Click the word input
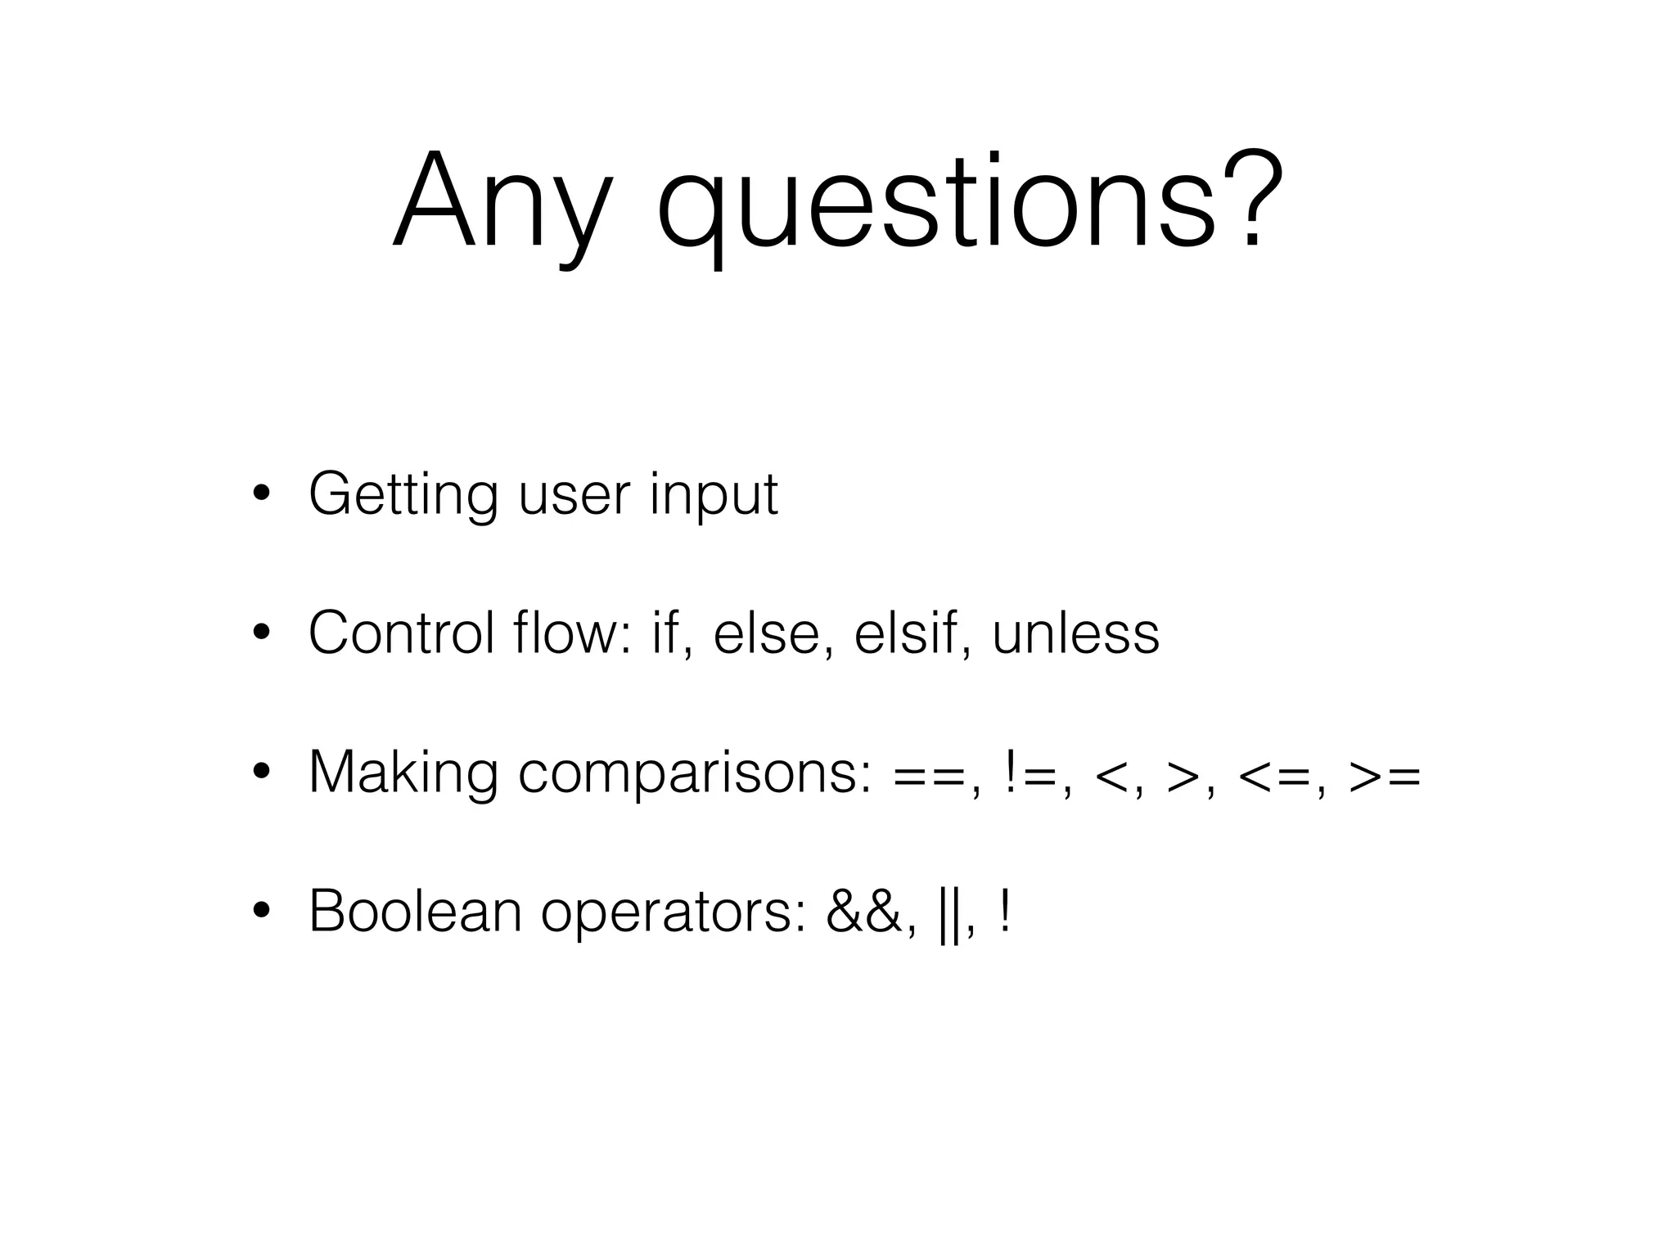713,494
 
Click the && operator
863,911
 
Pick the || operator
948,912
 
